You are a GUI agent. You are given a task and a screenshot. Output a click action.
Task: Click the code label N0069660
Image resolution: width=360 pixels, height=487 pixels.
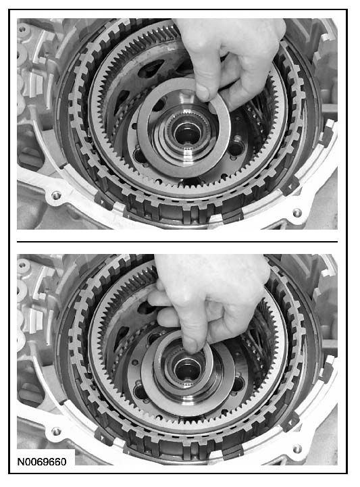coord(42,461)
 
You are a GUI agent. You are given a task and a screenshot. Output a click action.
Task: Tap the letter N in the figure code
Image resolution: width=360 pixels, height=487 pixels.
coord(20,461)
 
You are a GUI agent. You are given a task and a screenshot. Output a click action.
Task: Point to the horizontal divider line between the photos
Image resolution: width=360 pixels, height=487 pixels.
coord(177,241)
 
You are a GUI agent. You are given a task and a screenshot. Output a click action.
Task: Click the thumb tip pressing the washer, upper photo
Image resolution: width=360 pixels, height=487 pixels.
coord(203,93)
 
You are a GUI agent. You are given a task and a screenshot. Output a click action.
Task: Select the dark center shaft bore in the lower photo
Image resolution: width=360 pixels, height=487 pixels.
coord(186,370)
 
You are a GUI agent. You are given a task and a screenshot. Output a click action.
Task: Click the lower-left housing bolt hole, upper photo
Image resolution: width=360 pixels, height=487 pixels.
coord(56,196)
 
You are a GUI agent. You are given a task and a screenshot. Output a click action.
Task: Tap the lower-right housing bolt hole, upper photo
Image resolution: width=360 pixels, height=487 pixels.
coord(297,213)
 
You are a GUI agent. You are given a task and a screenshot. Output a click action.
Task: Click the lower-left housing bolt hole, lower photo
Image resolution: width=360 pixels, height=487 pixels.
coord(56,431)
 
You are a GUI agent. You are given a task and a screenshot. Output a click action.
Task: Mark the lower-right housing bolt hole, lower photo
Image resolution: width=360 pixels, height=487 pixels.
coord(297,448)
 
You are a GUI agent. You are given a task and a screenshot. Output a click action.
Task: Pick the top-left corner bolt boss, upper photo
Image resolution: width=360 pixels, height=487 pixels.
coord(22,28)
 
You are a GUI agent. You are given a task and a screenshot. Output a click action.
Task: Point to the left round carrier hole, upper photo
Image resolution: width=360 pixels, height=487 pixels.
coord(138,155)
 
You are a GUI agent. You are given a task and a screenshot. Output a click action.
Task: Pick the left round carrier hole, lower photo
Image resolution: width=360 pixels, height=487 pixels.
coord(139,390)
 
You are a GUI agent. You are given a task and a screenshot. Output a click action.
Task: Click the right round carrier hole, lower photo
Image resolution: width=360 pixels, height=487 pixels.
coord(237,384)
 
